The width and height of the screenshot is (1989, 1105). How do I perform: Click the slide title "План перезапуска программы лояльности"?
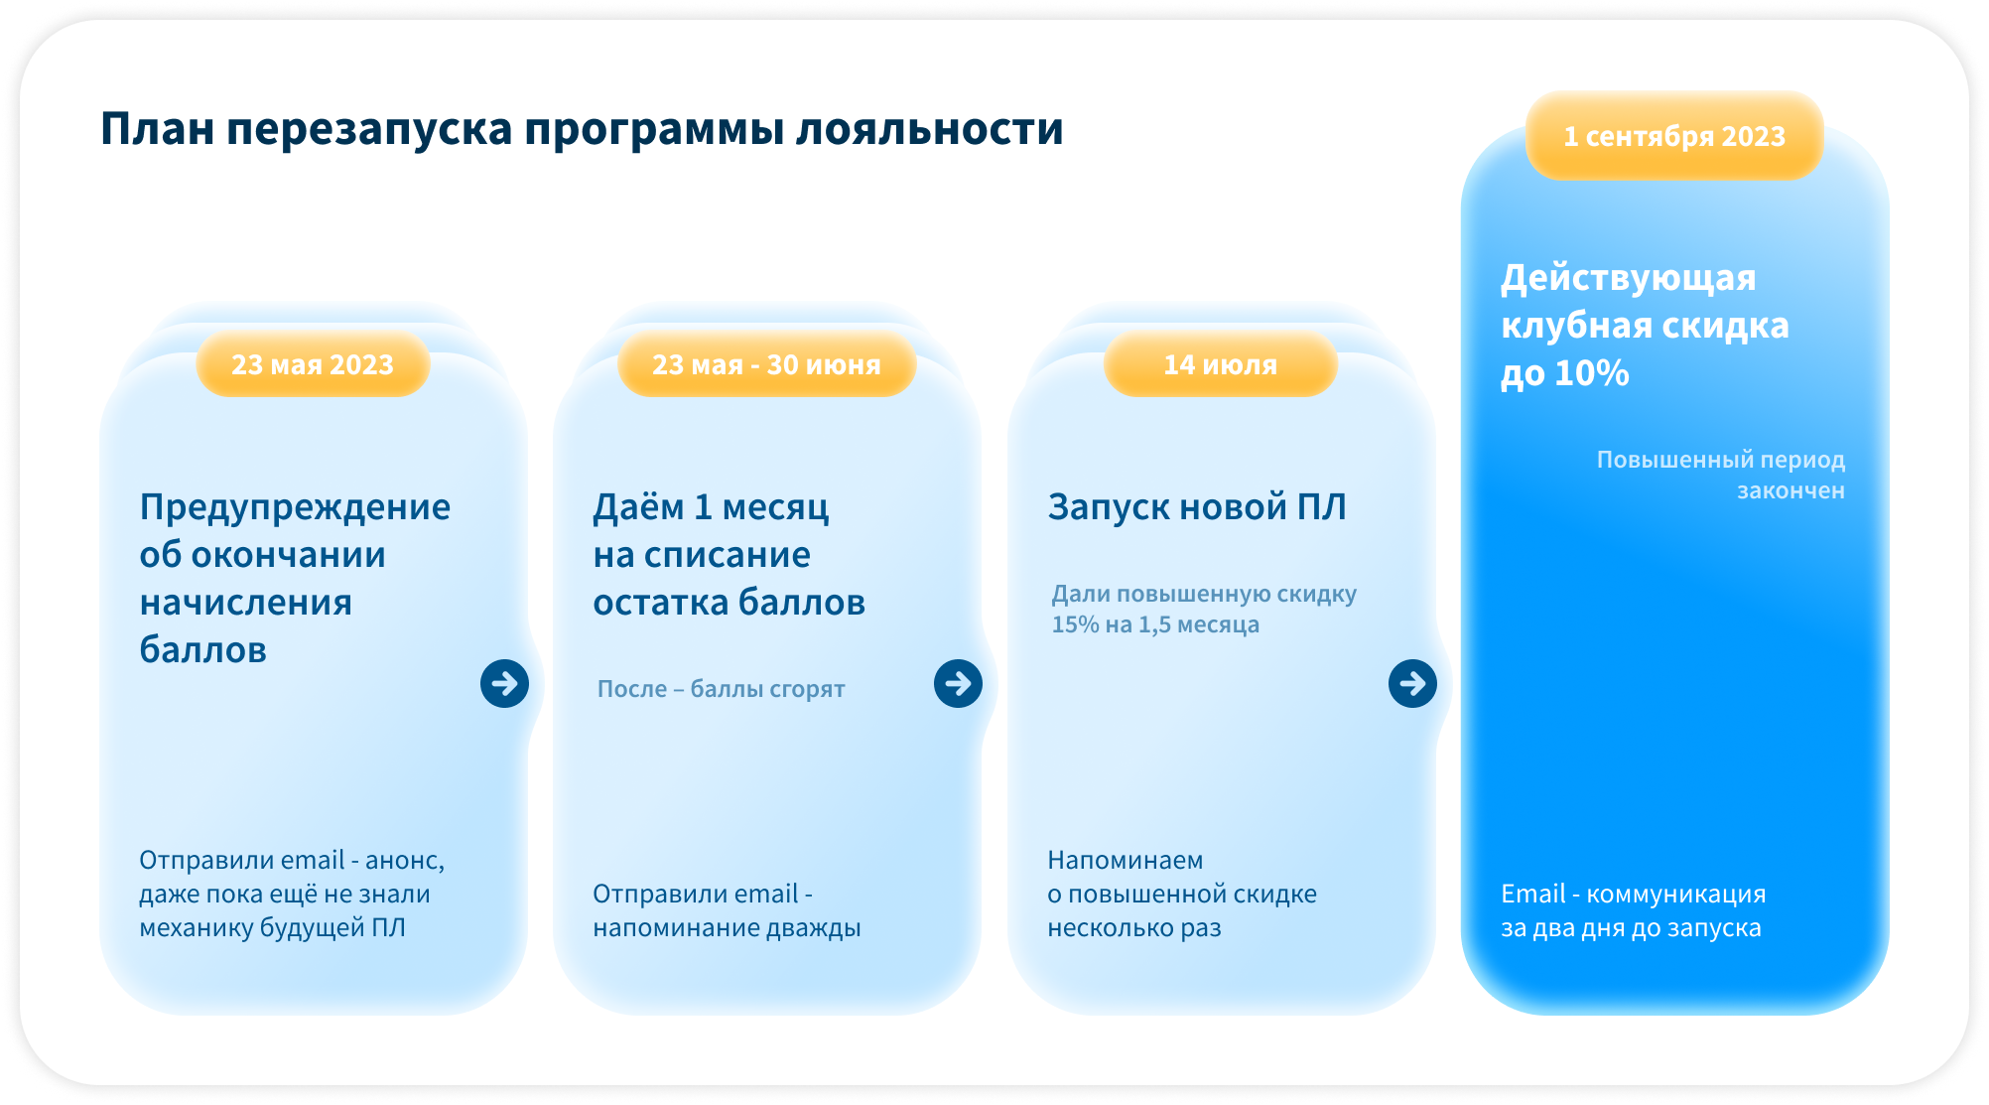pyautogui.click(x=582, y=130)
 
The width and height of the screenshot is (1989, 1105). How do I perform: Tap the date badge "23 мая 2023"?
pyautogui.click(x=313, y=364)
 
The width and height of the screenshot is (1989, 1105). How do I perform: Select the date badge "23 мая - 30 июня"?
pyautogui.click(x=766, y=364)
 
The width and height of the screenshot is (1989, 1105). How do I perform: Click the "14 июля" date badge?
pyautogui.click(x=1220, y=364)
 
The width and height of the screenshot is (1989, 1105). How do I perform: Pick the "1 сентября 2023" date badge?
pyautogui.click(x=1674, y=136)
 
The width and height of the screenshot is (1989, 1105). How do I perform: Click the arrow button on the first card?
pyautogui.click(x=504, y=683)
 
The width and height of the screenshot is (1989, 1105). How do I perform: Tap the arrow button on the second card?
pyautogui.click(x=958, y=683)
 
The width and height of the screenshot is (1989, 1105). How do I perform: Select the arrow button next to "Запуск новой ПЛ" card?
pyautogui.click(x=1412, y=683)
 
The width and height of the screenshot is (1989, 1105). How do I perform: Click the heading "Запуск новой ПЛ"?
pyautogui.click(x=1197, y=507)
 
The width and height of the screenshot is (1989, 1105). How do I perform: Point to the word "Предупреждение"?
pyautogui.click(x=295, y=508)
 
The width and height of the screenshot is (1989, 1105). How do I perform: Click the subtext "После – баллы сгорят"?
pyautogui.click(x=721, y=689)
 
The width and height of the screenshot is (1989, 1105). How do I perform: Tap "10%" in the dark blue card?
pyautogui.click(x=1591, y=373)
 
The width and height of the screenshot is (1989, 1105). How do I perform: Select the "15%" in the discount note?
pyautogui.click(x=1073, y=624)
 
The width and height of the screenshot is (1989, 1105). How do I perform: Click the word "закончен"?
pyautogui.click(x=1790, y=490)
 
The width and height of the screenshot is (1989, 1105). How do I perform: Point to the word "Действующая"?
pyautogui.click(x=1629, y=279)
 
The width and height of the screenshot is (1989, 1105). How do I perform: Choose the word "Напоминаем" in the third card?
pyautogui.click(x=1126, y=860)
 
